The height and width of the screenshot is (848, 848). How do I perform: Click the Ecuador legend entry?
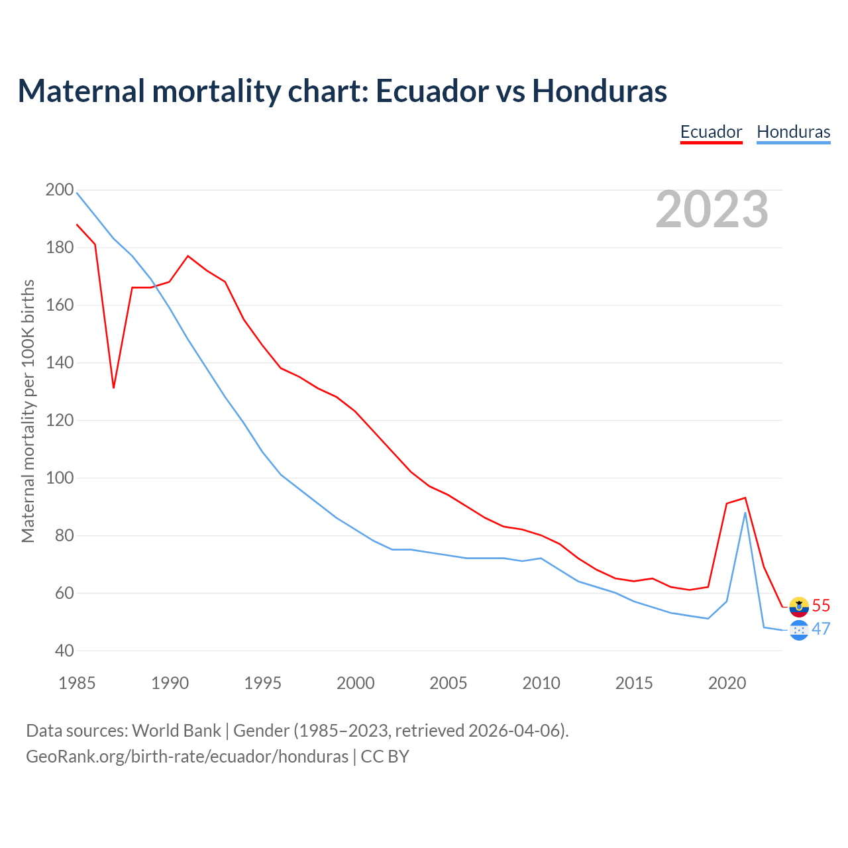click(x=711, y=132)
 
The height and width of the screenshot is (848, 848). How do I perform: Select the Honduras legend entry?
click(x=793, y=132)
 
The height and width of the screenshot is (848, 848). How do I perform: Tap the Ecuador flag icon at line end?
click(x=799, y=606)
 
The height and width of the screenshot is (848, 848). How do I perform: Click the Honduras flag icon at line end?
click(x=799, y=630)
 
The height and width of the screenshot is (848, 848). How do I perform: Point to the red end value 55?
click(x=821, y=606)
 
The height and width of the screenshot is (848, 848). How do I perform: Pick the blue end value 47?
click(x=821, y=629)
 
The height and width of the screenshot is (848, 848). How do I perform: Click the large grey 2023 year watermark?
click(x=712, y=209)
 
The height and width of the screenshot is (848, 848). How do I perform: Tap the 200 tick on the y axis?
click(x=60, y=190)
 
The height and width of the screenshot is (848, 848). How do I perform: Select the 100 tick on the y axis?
click(x=60, y=478)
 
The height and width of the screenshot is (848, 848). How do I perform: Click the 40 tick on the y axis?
click(x=64, y=651)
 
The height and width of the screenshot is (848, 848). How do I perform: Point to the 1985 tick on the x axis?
click(x=77, y=683)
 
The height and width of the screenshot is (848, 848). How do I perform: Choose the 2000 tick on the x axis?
click(x=356, y=683)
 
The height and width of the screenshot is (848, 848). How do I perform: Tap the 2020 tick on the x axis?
click(x=727, y=683)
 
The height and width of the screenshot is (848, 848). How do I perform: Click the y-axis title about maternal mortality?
click(x=28, y=411)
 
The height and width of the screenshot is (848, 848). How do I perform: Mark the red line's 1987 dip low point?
click(x=114, y=387)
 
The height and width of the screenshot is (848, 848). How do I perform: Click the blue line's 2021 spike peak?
click(x=745, y=513)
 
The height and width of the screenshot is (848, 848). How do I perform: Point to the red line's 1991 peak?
click(x=188, y=256)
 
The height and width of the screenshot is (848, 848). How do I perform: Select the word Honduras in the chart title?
click(x=599, y=91)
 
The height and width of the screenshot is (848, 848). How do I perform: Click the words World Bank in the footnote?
click(x=176, y=731)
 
